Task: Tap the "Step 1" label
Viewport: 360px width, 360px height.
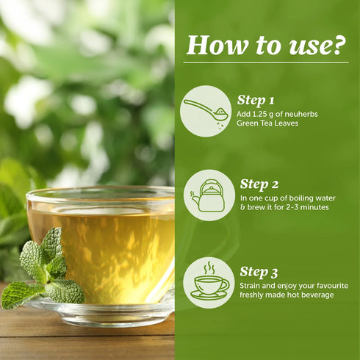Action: (256, 99)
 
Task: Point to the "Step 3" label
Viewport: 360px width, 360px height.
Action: (258, 271)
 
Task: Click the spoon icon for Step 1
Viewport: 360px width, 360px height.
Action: (205, 111)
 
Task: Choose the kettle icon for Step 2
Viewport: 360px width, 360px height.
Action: (209, 195)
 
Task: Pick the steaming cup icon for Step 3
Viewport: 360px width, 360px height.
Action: (209, 282)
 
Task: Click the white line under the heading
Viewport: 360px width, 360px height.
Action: (265, 62)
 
